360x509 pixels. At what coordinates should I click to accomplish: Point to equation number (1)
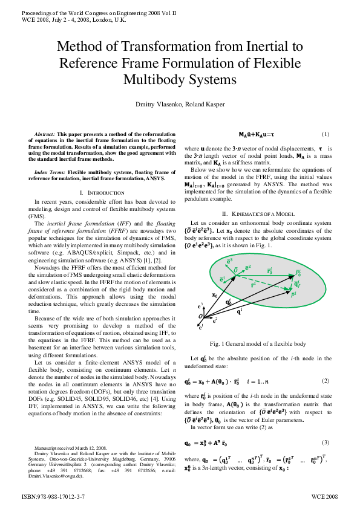point(325,134)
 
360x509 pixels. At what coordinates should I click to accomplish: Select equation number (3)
point(325,443)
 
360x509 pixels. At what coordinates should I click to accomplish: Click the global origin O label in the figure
point(200,316)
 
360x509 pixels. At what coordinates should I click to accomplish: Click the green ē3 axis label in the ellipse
point(229,261)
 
